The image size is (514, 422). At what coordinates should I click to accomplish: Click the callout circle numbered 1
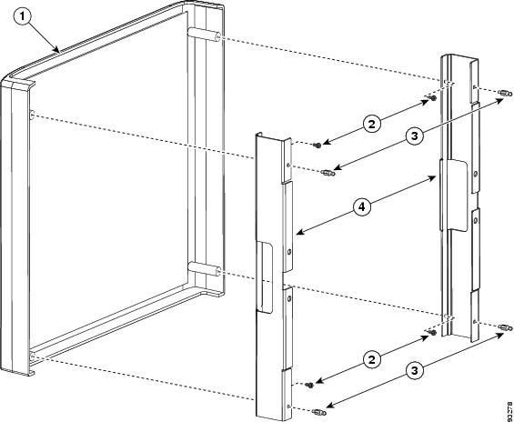(23, 17)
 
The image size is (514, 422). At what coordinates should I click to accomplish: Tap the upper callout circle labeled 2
(373, 124)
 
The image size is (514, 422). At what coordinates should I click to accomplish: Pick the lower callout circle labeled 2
(373, 360)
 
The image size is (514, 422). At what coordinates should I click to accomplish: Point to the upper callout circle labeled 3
(415, 135)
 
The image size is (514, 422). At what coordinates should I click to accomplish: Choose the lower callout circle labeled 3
(415, 370)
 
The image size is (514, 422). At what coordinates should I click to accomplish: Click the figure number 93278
(509, 409)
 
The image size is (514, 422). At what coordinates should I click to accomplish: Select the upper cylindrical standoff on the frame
(204, 35)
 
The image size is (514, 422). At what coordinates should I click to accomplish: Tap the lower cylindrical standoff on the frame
(204, 269)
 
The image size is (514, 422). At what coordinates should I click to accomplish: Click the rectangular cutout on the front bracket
(266, 277)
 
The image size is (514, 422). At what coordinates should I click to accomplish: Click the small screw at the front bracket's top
(317, 145)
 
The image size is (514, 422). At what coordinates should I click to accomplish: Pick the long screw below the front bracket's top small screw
(328, 173)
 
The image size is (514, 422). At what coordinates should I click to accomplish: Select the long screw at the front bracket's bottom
(319, 412)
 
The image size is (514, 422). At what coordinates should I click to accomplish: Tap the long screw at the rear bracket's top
(505, 93)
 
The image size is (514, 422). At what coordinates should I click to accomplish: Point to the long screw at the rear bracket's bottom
(505, 327)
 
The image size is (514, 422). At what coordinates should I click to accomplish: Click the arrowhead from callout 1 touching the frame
(57, 49)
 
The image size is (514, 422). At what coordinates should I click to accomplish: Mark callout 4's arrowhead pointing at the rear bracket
(432, 178)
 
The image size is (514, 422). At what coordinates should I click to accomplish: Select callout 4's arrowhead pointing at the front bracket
(300, 233)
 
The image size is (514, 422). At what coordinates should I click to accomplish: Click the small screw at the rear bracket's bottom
(433, 333)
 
